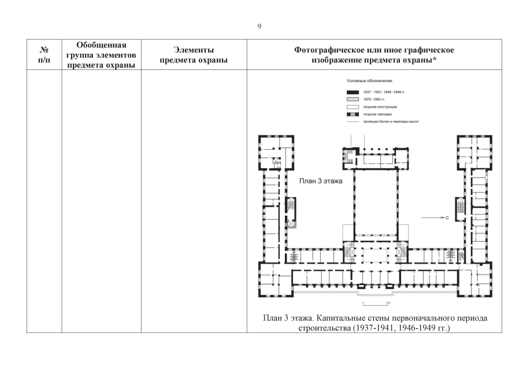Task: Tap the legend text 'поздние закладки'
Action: pyautogui.click(x=377, y=114)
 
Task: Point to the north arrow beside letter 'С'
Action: pyautogui.click(x=431, y=218)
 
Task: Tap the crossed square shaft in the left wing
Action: pyautogui.click(x=290, y=224)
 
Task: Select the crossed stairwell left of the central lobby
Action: pyautogui.click(x=351, y=251)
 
